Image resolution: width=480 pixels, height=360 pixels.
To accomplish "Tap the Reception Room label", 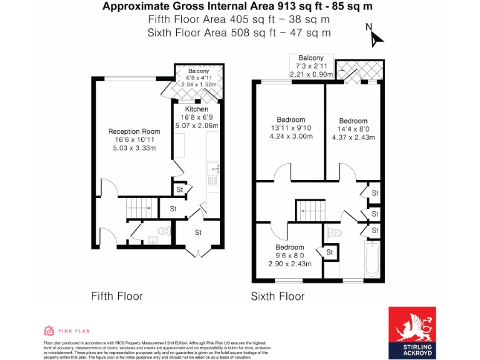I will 134,131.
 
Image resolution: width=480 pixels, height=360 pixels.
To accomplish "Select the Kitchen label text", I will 196,109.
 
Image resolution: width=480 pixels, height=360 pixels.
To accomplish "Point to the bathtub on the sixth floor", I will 371,259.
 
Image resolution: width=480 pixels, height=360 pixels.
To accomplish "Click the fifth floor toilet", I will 164,231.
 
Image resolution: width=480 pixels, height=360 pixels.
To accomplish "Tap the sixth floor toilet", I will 334,232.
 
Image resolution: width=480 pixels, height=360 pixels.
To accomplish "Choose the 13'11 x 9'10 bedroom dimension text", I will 291,128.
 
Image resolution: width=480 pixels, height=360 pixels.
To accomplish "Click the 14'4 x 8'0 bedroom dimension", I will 353,129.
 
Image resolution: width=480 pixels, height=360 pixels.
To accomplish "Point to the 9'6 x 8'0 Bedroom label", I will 290,247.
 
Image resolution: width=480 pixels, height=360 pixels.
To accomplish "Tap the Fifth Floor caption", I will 117,296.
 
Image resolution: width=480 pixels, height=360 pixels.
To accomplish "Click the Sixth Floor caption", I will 277,296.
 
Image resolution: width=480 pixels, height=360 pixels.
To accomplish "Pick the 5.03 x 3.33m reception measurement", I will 134,148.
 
